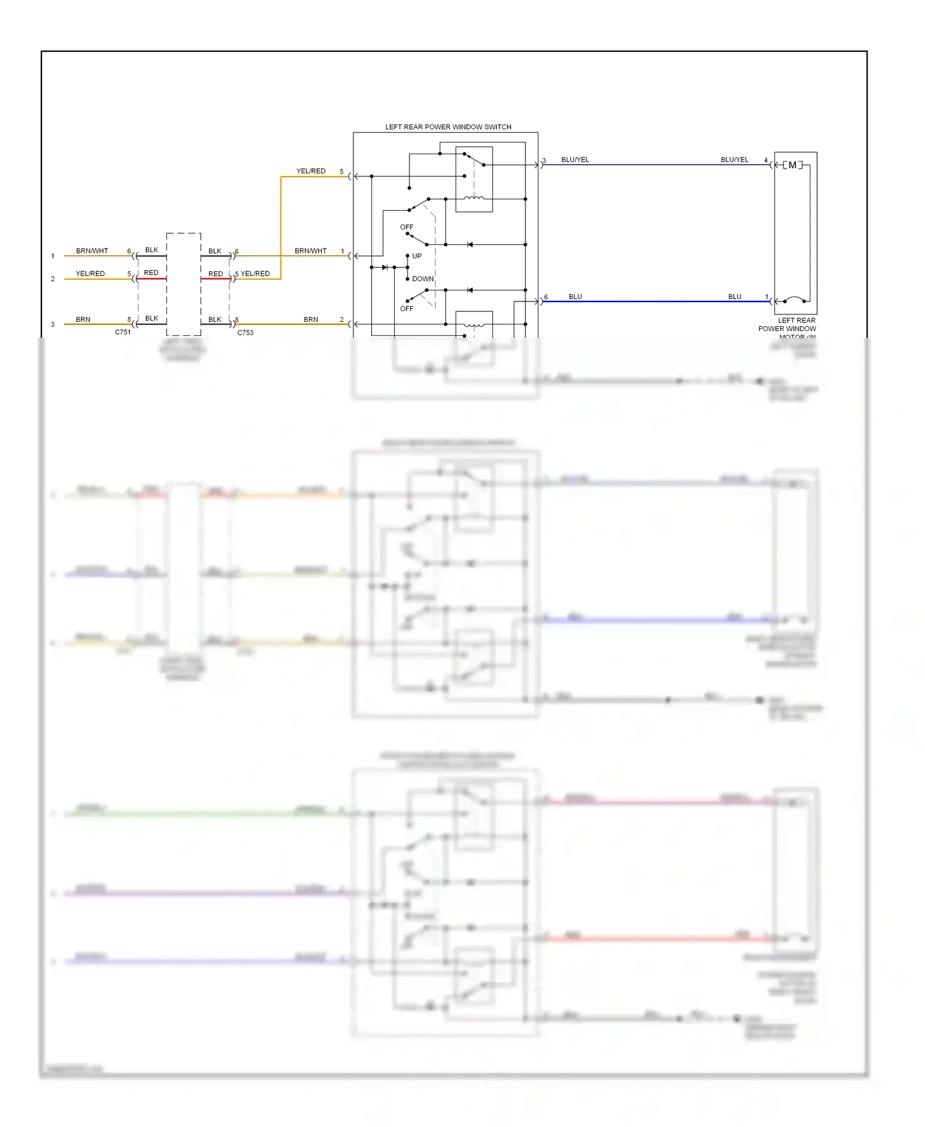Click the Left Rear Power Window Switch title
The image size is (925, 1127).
tap(448, 127)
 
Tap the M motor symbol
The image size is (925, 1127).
tap(792, 165)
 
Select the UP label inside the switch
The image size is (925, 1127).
tap(417, 256)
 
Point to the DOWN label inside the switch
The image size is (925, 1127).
tap(422, 279)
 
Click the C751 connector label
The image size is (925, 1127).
tap(123, 332)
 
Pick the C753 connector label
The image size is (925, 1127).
tap(245, 332)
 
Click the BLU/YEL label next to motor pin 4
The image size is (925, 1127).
tap(734, 160)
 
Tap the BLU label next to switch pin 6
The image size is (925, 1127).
tap(575, 297)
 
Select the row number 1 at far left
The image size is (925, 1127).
tap(52, 256)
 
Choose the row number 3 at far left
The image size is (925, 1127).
tap(52, 324)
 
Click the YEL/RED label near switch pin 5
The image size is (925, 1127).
tap(310, 171)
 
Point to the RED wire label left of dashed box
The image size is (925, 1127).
tap(151, 273)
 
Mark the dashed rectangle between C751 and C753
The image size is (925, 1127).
tap(183, 284)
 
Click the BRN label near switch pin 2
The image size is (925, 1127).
tap(310, 319)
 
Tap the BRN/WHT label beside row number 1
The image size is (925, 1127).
tap(92, 251)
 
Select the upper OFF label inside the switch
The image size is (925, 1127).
tap(406, 227)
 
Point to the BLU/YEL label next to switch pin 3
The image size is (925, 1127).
tap(575, 160)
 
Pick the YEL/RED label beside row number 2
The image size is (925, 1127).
tap(90, 273)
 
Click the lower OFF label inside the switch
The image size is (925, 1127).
tap(406, 308)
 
